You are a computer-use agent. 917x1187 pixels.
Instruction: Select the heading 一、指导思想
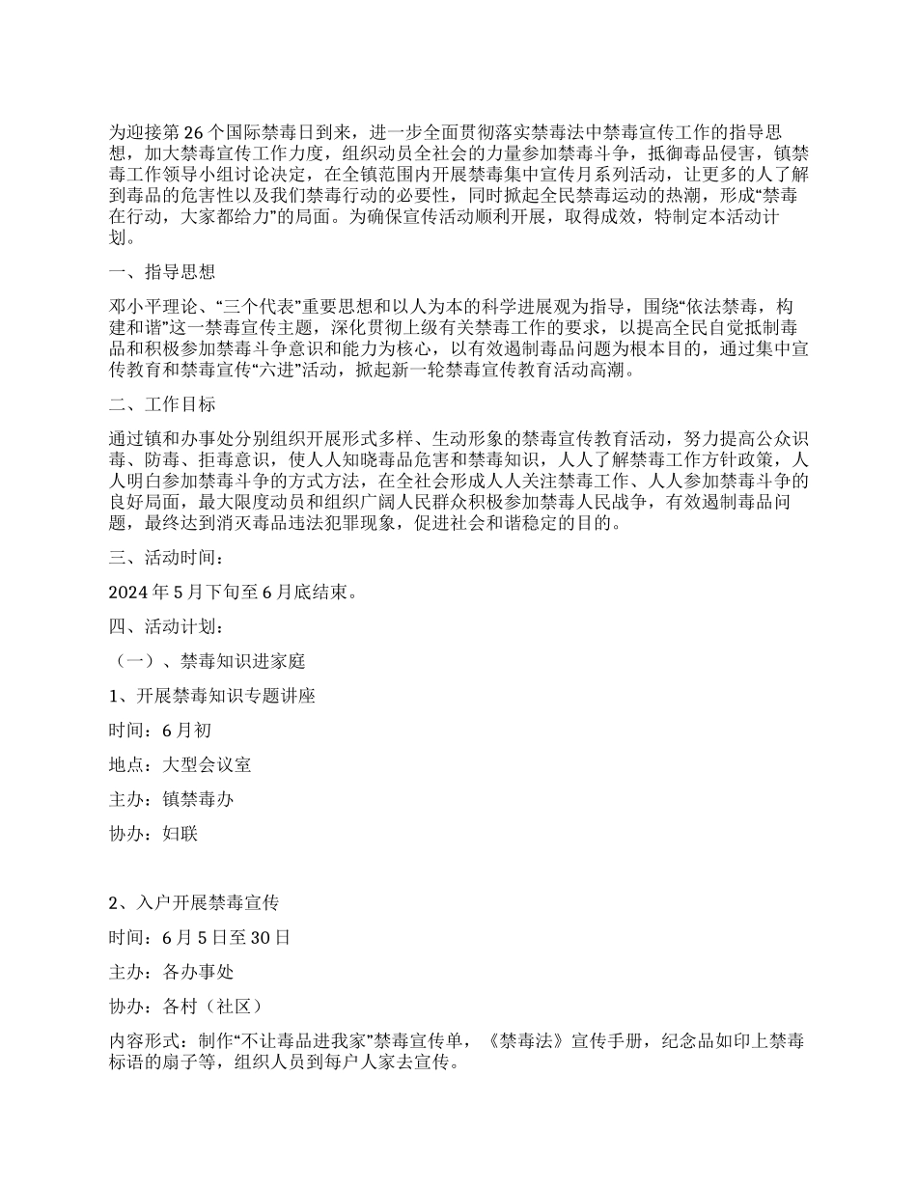pyautogui.click(x=162, y=272)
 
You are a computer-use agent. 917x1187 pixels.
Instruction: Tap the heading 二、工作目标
pyautogui.click(x=162, y=403)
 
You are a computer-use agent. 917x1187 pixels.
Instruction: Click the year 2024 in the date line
pyautogui.click(x=130, y=593)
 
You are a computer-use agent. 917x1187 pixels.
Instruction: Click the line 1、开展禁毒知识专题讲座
pyautogui.click(x=212, y=697)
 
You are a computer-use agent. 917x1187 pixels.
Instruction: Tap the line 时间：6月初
pyautogui.click(x=161, y=732)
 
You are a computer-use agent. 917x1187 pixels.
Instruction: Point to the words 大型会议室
pyautogui.click(x=208, y=765)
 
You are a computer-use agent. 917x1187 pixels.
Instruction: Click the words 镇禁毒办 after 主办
pyautogui.click(x=199, y=800)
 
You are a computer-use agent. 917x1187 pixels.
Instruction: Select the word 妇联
pyautogui.click(x=181, y=835)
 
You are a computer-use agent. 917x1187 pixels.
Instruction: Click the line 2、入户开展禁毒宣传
pyautogui.click(x=194, y=903)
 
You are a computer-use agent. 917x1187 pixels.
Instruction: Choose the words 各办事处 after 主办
pyautogui.click(x=199, y=973)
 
